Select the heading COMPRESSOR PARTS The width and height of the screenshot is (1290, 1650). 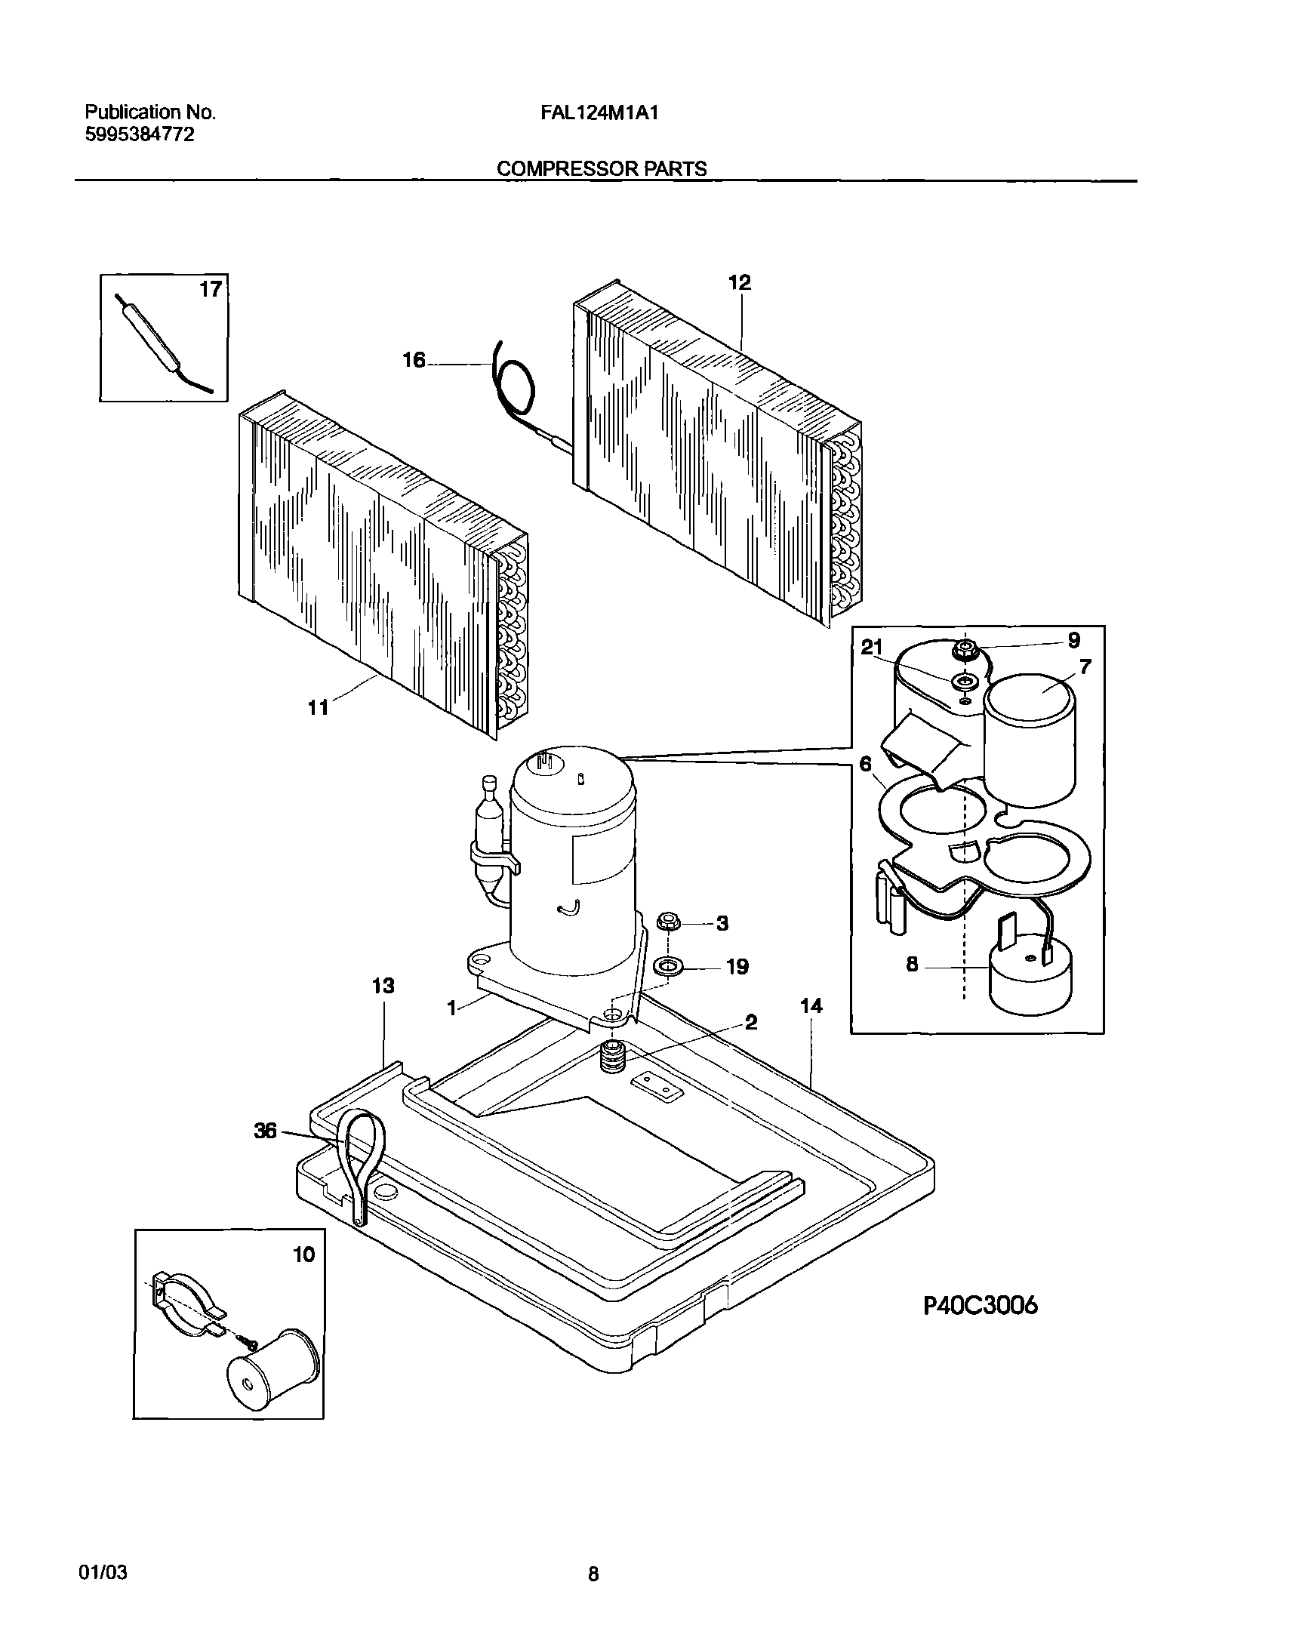602,169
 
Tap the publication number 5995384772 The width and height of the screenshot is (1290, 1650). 139,134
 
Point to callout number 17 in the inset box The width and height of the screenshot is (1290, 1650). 211,289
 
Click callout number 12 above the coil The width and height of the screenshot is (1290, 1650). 740,283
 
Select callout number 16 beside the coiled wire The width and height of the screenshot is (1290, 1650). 414,360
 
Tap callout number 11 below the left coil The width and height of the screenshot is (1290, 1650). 318,708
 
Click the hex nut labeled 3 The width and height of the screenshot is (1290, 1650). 667,922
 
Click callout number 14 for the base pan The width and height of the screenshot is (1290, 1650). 811,1005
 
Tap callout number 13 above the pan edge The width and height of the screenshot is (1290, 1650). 383,986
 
